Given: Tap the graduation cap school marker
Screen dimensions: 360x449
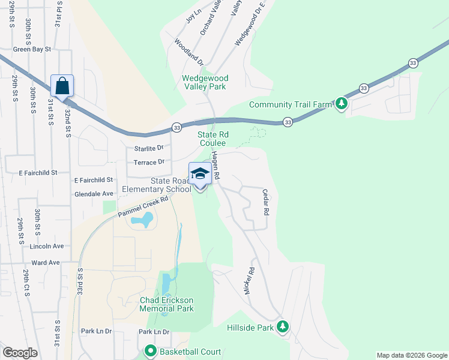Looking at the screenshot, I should [200, 174].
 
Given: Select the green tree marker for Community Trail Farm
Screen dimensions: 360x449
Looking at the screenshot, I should [341, 104].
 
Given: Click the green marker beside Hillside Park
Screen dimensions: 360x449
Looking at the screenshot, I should [282, 328].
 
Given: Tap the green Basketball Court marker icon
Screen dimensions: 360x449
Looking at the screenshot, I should [149, 352].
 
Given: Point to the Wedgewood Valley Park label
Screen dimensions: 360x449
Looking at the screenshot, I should [204, 82].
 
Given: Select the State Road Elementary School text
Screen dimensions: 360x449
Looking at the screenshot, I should [156, 185].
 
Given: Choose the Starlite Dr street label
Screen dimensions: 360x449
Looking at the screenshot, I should [147, 148].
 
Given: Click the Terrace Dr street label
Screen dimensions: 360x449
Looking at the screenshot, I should [149, 162].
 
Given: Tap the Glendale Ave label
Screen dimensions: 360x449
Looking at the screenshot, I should [94, 194].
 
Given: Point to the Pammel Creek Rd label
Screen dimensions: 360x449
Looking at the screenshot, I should [142, 209].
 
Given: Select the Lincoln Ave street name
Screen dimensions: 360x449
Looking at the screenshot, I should [47, 246].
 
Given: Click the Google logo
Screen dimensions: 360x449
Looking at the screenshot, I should [20, 353].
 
